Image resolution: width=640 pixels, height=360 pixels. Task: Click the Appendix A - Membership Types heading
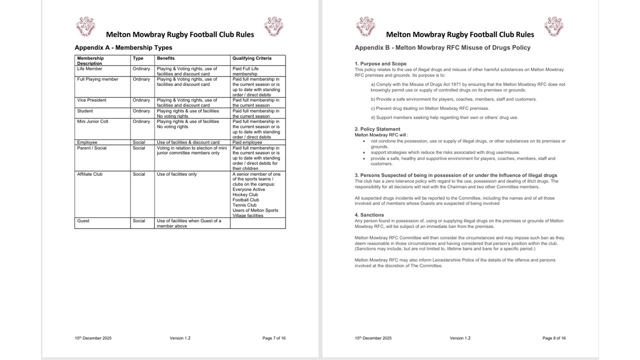point(123,48)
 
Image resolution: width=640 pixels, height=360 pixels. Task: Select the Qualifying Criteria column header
point(252,58)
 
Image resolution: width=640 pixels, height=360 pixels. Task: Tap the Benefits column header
point(166,58)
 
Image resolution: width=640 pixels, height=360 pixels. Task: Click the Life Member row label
point(89,69)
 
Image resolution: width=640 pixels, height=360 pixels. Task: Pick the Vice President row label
point(91,100)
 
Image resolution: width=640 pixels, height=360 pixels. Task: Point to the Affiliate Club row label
point(90,174)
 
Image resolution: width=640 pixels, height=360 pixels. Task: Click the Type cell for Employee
point(139,142)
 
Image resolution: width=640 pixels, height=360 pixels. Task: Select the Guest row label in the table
point(83,221)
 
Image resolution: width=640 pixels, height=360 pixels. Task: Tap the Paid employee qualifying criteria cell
point(247,142)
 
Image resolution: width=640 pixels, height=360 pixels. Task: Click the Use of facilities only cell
point(177,174)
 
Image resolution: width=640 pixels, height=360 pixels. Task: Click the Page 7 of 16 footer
point(274,338)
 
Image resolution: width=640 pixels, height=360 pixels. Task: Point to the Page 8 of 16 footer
point(554,338)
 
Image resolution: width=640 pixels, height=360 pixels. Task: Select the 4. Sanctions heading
point(369,215)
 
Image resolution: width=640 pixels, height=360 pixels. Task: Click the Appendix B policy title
point(442,48)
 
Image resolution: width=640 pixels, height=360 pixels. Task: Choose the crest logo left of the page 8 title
point(365,26)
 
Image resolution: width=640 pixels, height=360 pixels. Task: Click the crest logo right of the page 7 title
point(273,26)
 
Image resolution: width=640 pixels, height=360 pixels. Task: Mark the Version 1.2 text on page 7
point(180,338)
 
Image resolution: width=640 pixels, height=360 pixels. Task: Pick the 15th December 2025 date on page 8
point(373,338)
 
